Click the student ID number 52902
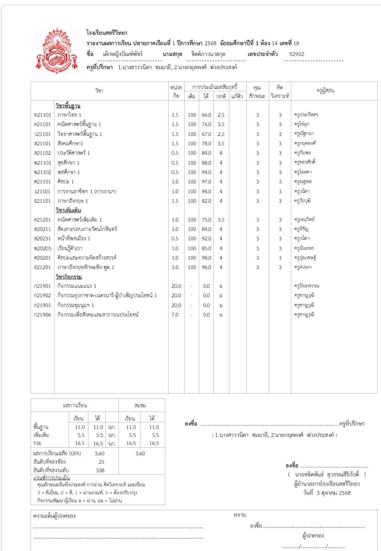pyautogui.click(x=296, y=54)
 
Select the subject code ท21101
pyautogui.click(x=42, y=114)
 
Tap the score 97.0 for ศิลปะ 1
pyautogui.click(x=206, y=182)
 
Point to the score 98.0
pyautogui.click(x=206, y=257)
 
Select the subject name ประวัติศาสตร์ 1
pyautogui.click(x=74, y=153)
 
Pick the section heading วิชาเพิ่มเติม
pyautogui.click(x=68, y=210)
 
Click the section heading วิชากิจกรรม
pyautogui.click(x=68, y=277)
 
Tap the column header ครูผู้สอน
pyautogui.click(x=325, y=91)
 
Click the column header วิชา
pyautogui.click(x=99, y=91)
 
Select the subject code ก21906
pyautogui.click(x=42, y=315)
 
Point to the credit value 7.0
pyautogui.click(x=175, y=315)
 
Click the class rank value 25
pyautogui.click(x=101, y=461)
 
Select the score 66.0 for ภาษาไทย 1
pyautogui.click(x=206, y=114)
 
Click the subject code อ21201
pyautogui.click(x=42, y=267)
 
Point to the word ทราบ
pyautogui.click(x=240, y=515)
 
